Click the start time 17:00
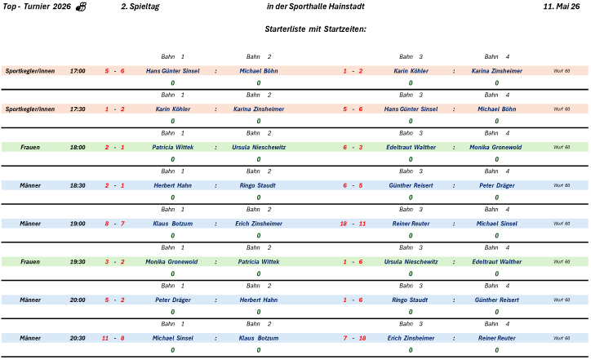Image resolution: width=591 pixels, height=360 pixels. (78, 71)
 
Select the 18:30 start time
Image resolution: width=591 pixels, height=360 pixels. (78, 185)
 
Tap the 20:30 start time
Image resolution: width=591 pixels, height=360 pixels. (78, 338)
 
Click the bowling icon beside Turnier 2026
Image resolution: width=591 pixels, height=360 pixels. (82, 7)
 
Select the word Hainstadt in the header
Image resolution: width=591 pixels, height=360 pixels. (347, 7)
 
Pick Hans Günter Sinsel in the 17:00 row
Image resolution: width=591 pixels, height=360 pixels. (172, 71)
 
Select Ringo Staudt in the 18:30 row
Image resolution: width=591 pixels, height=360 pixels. (259, 185)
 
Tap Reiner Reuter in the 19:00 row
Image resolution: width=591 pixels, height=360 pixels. (411, 224)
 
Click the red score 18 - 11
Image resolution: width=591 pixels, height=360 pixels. (353, 224)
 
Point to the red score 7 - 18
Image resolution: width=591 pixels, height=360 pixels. (354, 338)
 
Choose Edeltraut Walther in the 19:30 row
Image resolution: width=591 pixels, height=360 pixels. (496, 262)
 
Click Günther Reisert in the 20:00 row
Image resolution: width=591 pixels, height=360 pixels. (496, 300)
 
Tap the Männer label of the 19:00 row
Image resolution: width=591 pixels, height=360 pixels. (30, 224)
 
